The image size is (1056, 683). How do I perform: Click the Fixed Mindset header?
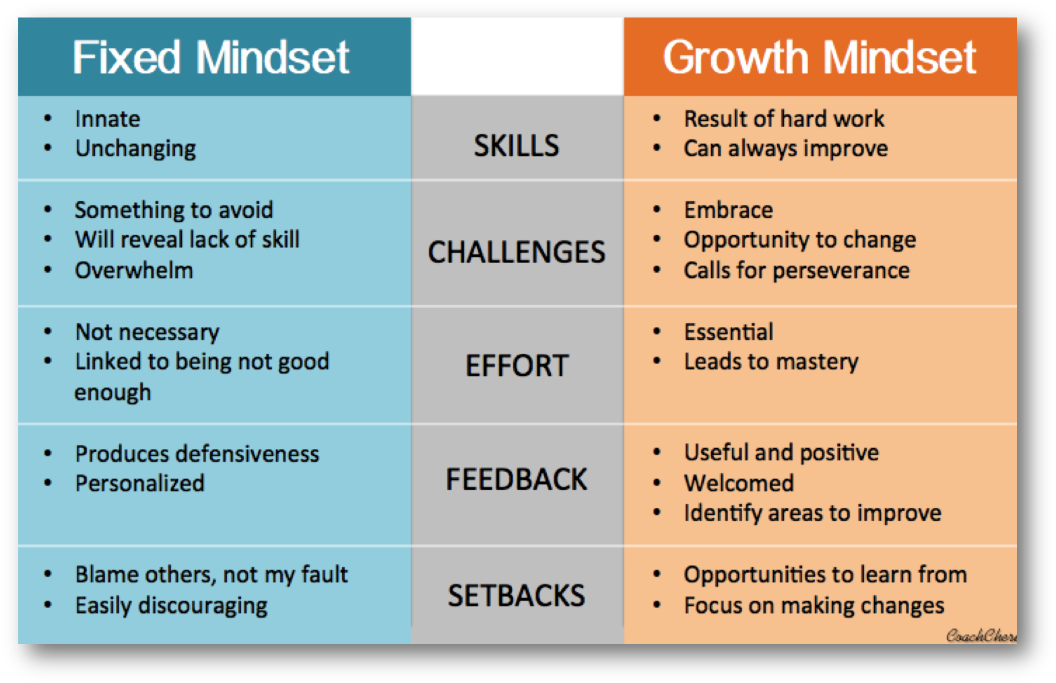point(211,57)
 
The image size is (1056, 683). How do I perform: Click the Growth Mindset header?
point(820,57)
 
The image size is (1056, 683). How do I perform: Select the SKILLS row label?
point(517,145)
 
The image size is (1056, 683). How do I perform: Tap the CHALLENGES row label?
point(517,252)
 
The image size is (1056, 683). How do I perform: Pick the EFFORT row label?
point(517,365)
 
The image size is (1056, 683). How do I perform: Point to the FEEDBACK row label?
point(517,480)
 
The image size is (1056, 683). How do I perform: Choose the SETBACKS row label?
point(517,596)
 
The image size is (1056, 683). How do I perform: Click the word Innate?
point(108,118)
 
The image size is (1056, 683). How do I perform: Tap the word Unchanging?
point(135,149)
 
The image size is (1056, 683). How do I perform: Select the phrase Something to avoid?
point(174,210)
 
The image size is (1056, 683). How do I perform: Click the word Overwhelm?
point(134,271)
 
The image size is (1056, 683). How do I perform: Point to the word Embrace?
point(729,210)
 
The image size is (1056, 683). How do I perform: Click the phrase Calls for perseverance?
point(797,271)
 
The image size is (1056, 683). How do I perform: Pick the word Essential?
point(729,332)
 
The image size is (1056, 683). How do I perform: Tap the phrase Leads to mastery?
point(771,363)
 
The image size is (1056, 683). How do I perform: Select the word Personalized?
point(139,483)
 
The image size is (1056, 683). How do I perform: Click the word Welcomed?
point(739,483)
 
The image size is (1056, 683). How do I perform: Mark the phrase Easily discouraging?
point(171,606)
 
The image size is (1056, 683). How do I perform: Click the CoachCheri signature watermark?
point(981,636)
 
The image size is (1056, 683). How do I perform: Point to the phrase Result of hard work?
point(784,118)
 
